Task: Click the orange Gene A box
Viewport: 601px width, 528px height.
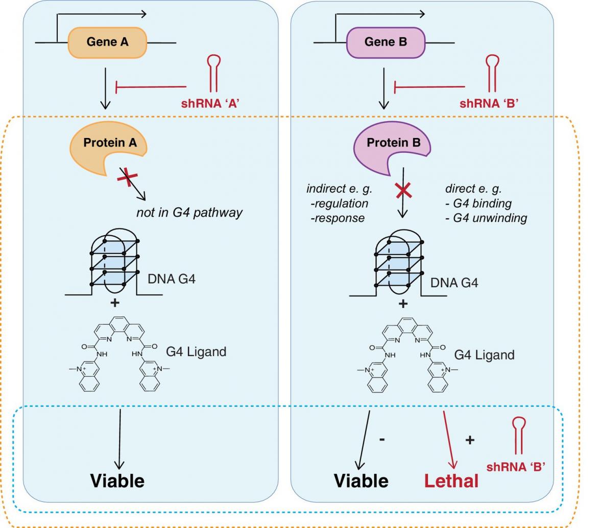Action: (107, 42)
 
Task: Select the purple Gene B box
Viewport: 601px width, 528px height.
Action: (386, 42)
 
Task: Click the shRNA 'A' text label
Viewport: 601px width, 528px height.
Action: (210, 103)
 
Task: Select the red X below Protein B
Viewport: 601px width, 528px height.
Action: (403, 191)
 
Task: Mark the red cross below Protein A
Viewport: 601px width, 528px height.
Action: (128, 178)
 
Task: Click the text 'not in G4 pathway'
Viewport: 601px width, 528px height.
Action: (189, 213)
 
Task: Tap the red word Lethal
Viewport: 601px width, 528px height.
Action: (451, 480)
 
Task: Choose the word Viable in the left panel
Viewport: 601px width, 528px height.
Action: (117, 480)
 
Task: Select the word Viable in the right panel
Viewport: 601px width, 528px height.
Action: (361, 480)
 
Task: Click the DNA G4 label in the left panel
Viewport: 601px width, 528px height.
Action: (172, 279)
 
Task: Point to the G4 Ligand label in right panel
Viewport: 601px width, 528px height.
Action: (484, 355)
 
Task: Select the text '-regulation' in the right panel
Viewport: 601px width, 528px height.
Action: (339, 203)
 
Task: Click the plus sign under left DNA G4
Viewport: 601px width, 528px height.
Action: (115, 303)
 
